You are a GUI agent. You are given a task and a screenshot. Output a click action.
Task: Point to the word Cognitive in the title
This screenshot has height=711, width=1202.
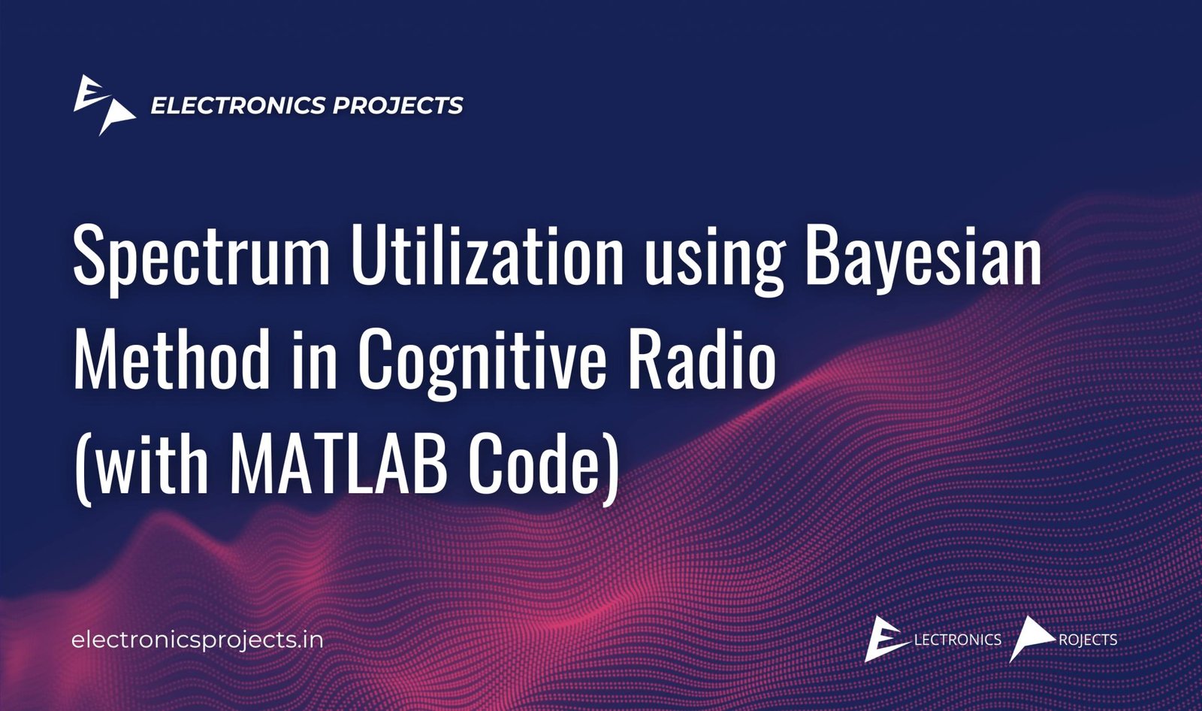(x=483, y=363)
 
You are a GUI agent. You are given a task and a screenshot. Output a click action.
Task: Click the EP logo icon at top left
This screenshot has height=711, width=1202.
(x=104, y=104)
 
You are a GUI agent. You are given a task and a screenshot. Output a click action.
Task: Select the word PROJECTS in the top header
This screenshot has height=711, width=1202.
(x=397, y=105)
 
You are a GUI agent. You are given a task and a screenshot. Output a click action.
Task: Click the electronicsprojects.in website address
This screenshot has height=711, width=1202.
(x=198, y=641)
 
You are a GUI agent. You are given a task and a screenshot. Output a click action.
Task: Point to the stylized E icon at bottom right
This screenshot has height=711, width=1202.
(x=886, y=639)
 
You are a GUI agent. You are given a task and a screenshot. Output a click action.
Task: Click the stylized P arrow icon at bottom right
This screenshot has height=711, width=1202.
(x=1029, y=638)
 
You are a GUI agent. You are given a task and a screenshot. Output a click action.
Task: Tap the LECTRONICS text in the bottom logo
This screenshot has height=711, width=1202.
(x=957, y=640)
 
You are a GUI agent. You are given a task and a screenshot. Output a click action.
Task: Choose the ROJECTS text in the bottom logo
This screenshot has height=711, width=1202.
(x=1088, y=640)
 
